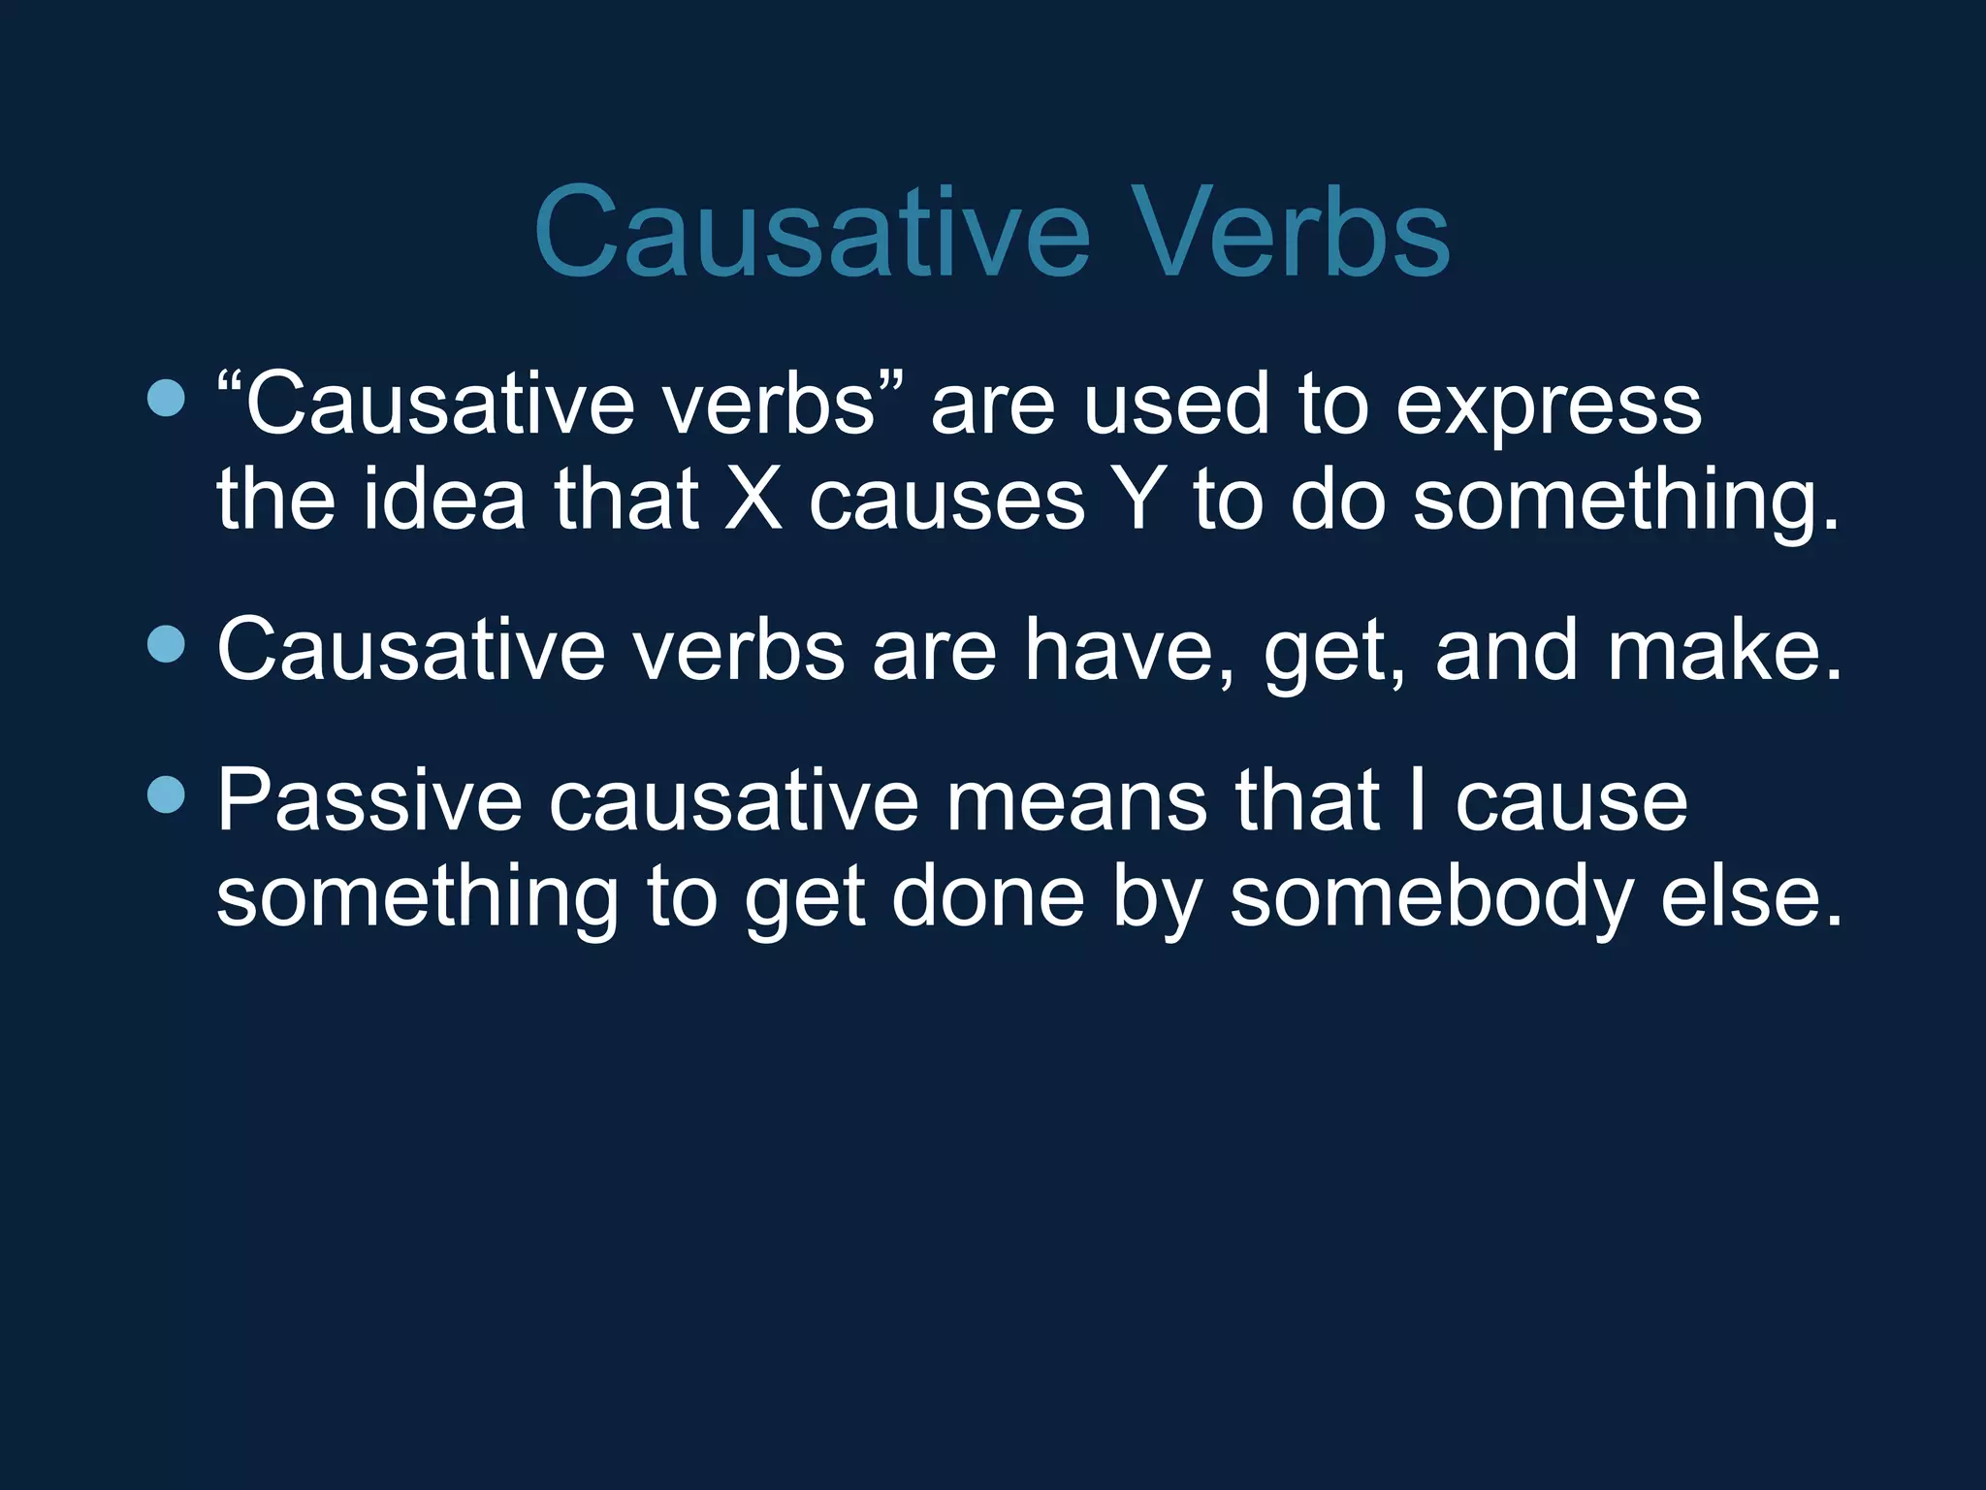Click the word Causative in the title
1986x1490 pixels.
coord(812,233)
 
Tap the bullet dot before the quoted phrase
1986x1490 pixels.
coord(167,398)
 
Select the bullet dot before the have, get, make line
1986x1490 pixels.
coord(167,644)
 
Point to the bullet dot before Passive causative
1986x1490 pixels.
coord(167,794)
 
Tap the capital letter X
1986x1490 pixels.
coord(753,501)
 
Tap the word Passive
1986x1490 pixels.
coord(368,801)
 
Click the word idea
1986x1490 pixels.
coord(444,501)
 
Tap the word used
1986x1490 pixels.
coord(1175,405)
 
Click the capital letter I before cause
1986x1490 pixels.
coord(1418,801)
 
